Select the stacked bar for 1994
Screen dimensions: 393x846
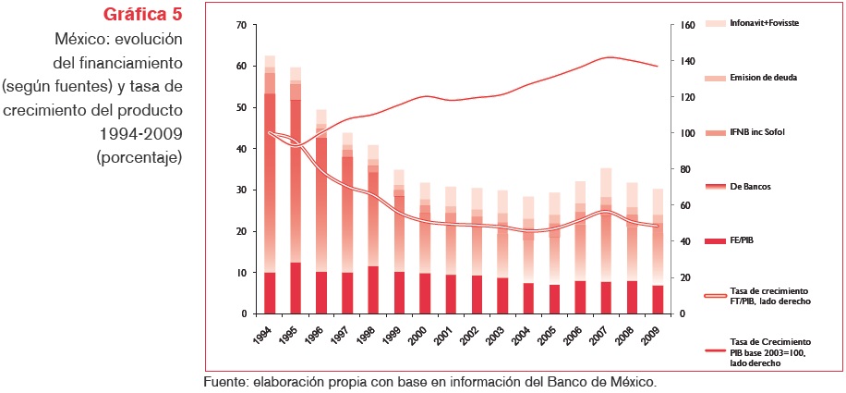tap(270, 185)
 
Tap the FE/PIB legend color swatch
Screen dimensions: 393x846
tap(718, 240)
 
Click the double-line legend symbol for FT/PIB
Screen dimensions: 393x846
tap(718, 295)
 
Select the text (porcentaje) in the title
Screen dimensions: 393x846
tap(139, 157)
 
